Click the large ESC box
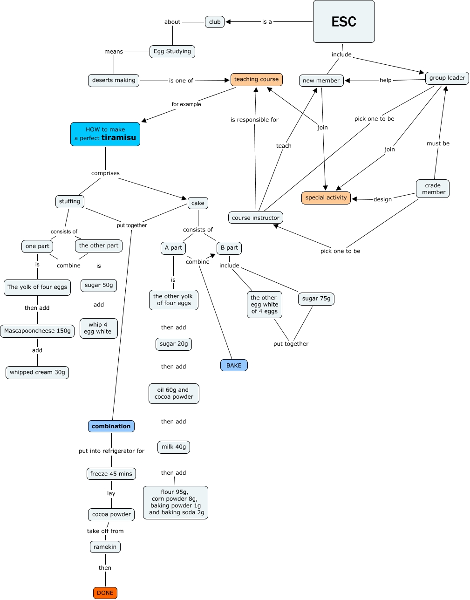(x=344, y=21)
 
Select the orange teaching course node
(x=256, y=80)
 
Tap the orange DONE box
(x=105, y=593)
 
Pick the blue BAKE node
(x=234, y=365)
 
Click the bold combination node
(x=111, y=426)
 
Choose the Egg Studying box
(x=172, y=52)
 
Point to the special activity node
(x=326, y=198)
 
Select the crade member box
(x=432, y=189)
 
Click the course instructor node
(x=256, y=218)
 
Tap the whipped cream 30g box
(x=37, y=373)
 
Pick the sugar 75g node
(x=316, y=299)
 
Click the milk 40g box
(x=174, y=447)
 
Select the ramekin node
(x=105, y=547)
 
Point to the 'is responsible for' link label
(x=254, y=120)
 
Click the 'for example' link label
(x=186, y=104)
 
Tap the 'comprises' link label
(x=105, y=173)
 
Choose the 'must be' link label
(x=438, y=143)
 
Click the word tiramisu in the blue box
(x=119, y=137)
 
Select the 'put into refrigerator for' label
(x=111, y=451)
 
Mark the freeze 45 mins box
(x=111, y=474)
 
